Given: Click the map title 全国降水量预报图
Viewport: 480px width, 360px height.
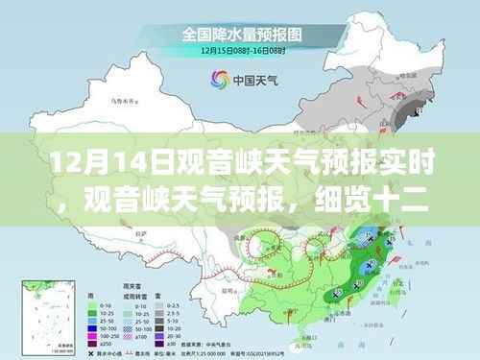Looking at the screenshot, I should coord(239,33).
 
